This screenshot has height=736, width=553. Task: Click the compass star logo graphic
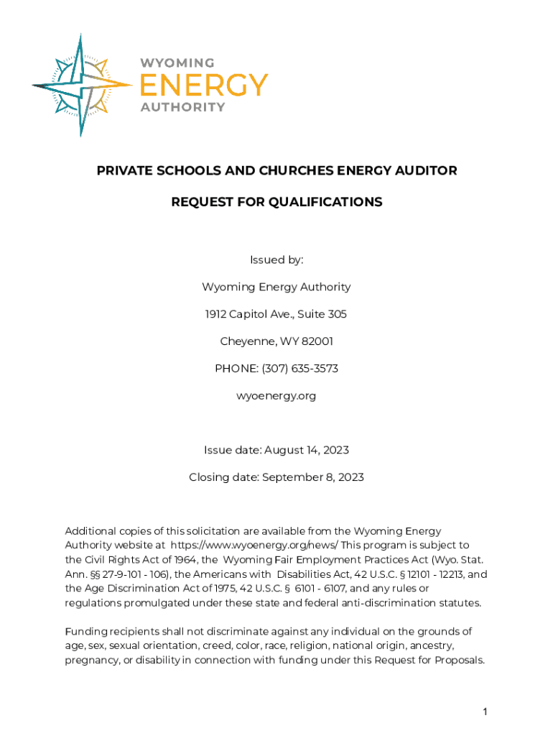pyautogui.click(x=81, y=85)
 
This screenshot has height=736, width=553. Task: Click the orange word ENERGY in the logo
pyautogui.click(x=203, y=85)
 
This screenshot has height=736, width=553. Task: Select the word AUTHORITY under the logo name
pyautogui.click(x=182, y=107)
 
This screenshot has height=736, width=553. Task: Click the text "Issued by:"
pyautogui.click(x=276, y=259)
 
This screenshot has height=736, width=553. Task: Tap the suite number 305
pyautogui.click(x=338, y=314)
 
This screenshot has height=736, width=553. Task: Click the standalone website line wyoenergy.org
pyautogui.click(x=276, y=396)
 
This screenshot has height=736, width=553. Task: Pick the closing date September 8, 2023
pyautogui.click(x=313, y=477)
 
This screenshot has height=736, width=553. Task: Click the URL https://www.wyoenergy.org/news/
pyautogui.click(x=254, y=545)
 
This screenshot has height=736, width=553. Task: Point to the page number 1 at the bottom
pyautogui.click(x=485, y=712)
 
